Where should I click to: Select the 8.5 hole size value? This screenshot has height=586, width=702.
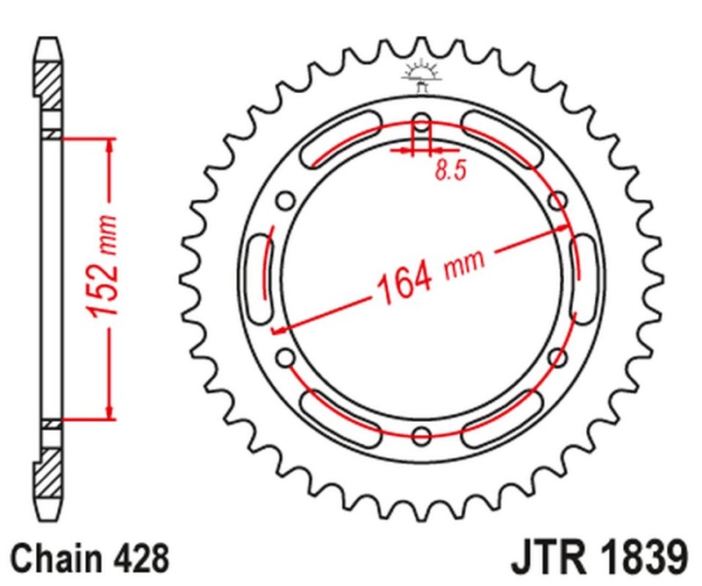pos(448,171)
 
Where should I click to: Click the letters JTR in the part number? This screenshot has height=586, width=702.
pos(545,556)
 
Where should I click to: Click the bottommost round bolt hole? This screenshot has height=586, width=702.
pos(421,436)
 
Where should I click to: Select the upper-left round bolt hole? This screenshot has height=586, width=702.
pos(284,201)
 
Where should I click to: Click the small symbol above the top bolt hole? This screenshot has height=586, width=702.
pos(421,75)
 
